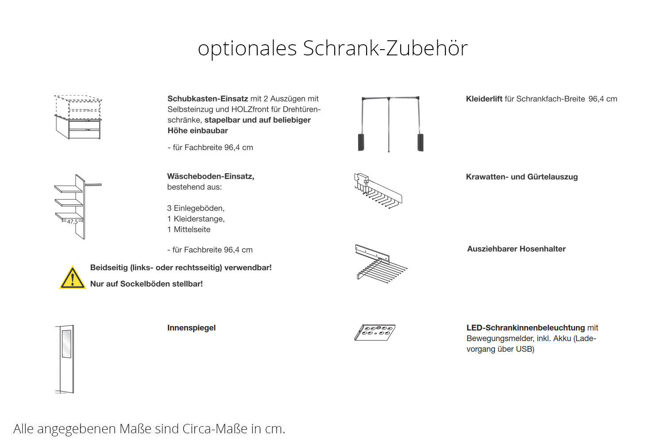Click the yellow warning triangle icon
[x=73, y=278]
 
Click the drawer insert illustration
[x=78, y=117]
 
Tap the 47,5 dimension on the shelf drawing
[x=72, y=221]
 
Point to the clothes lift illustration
[x=390, y=124]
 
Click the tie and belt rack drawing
[x=378, y=190]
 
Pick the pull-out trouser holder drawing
[x=380, y=263]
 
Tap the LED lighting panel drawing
[x=374, y=332]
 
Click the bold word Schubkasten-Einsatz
[x=207, y=99]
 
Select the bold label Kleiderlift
[x=484, y=99]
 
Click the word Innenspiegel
[x=191, y=328]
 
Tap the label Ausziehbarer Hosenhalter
[x=516, y=249]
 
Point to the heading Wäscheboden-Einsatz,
[x=210, y=176]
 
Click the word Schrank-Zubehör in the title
[x=385, y=48]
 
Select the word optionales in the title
[x=247, y=48]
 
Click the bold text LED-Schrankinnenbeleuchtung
[x=525, y=328]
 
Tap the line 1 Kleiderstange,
[x=196, y=219]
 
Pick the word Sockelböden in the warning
[x=150, y=284]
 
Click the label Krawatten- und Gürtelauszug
[x=521, y=177]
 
